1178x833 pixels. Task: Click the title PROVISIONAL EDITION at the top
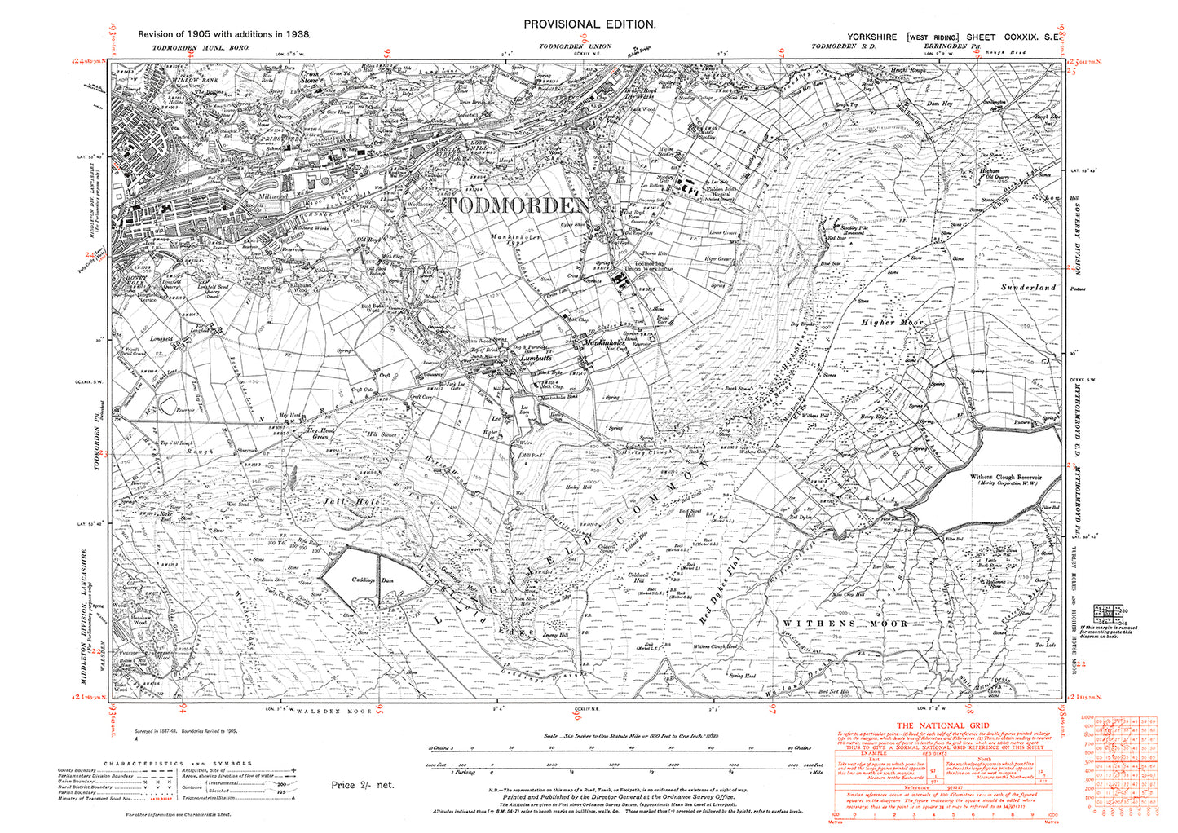[x=589, y=24]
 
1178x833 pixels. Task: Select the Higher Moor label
[x=893, y=323]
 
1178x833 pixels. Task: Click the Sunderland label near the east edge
[x=1028, y=288]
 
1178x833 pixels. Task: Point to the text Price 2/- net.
[x=362, y=784]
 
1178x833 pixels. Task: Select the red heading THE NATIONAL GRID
[x=938, y=725]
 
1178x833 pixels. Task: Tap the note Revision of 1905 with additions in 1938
[x=224, y=34]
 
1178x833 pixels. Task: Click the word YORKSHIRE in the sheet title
[x=871, y=37]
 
